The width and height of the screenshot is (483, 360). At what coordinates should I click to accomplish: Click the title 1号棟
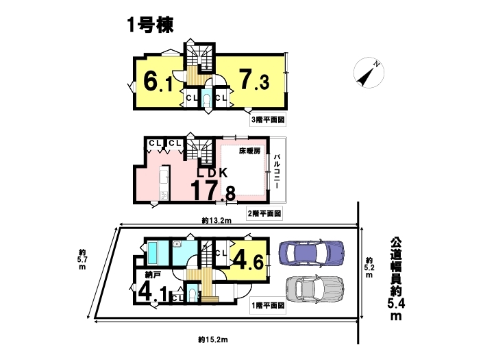(150, 25)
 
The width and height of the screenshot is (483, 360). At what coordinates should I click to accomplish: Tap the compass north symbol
(369, 73)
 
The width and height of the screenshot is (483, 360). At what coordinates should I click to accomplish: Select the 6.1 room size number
(158, 81)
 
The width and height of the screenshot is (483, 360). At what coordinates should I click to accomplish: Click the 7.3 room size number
(254, 80)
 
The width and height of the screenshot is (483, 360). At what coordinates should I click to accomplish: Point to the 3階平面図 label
(268, 119)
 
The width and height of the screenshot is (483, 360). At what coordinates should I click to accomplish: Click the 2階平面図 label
(264, 213)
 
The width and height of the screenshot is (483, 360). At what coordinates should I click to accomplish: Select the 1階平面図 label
(268, 305)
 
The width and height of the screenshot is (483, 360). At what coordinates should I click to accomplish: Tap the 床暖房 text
(249, 151)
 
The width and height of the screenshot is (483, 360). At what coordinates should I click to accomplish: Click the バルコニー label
(277, 171)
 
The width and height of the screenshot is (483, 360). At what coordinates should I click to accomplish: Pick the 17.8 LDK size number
(213, 191)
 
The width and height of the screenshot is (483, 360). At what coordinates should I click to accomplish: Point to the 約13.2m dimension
(216, 220)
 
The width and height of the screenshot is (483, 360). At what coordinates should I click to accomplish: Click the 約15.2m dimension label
(213, 339)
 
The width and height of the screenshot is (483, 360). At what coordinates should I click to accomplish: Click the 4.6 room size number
(248, 261)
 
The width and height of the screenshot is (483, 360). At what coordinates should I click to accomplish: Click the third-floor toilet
(206, 99)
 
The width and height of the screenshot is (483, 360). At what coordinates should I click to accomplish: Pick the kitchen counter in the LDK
(164, 184)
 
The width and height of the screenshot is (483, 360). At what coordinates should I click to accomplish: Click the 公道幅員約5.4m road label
(396, 278)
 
